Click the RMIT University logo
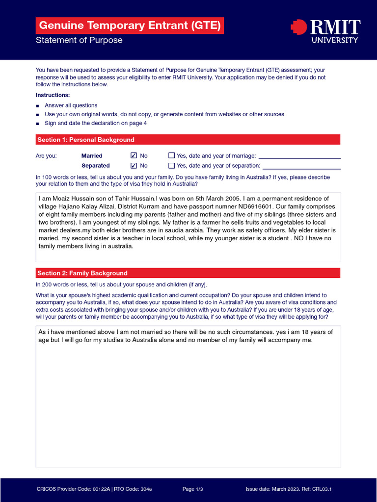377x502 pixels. pos(325,31)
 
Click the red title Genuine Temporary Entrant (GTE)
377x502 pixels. pos(130,25)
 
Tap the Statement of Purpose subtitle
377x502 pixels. pos(79,40)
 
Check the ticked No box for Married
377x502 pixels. pos(134,155)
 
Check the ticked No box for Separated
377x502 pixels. pos(134,165)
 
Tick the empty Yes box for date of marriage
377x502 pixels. pos(171,155)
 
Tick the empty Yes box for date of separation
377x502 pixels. pos(171,165)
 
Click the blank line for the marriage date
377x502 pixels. pos(299,157)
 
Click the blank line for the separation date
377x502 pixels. pos(301,167)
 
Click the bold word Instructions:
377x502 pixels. pos(53,95)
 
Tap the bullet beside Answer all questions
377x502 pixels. pos(38,106)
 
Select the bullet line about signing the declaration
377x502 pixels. pos(96,123)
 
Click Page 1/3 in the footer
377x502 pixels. pos(192,489)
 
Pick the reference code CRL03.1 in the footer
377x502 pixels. pos(326,489)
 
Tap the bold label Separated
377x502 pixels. pos(96,166)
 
